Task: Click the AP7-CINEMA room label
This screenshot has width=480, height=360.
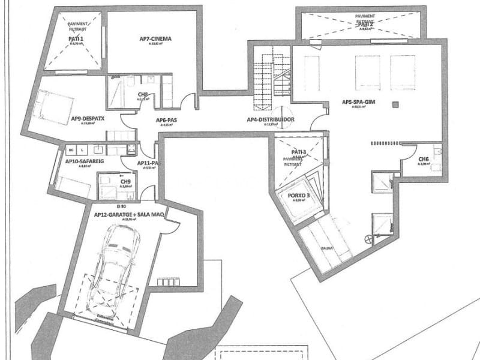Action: coord(155,40)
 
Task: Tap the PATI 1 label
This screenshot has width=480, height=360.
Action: coord(77,39)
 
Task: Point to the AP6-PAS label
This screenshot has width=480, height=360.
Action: coord(166,120)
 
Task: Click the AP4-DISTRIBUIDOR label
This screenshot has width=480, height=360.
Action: coord(270,120)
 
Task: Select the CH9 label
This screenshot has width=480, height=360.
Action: coord(125,181)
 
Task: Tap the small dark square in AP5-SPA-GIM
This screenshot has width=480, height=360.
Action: coord(395,105)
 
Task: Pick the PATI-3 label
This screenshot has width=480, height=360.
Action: coord(299,152)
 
